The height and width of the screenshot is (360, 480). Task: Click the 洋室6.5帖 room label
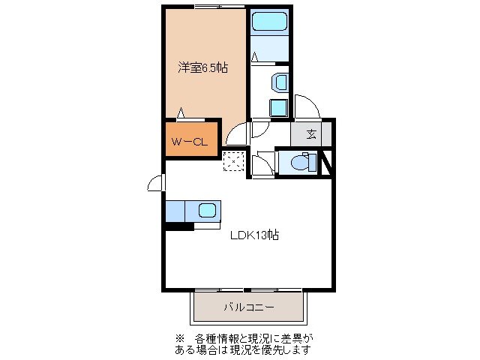[x=202, y=67]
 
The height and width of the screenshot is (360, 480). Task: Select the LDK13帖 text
[x=254, y=235]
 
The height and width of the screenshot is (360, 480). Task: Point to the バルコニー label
[x=249, y=307]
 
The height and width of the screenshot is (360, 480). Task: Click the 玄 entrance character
[x=310, y=135]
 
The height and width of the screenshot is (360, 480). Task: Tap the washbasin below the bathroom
[x=280, y=82]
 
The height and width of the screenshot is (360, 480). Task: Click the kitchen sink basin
[x=207, y=211]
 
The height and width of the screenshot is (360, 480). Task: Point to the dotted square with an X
[x=234, y=160]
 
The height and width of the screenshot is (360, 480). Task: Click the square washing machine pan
[x=278, y=106]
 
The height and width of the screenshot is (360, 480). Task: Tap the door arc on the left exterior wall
[x=156, y=182]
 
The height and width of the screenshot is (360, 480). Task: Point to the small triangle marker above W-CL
[x=181, y=114]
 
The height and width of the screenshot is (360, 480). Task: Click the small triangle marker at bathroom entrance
[x=255, y=56]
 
